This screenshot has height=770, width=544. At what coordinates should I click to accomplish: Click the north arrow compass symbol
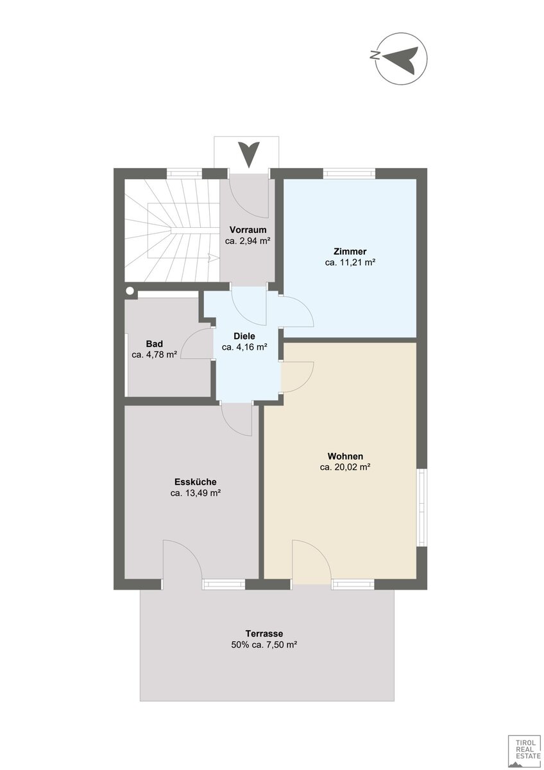(x=401, y=59)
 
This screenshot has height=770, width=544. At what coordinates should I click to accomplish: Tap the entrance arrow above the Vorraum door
(x=249, y=155)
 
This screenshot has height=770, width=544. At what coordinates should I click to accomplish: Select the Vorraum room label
(x=248, y=229)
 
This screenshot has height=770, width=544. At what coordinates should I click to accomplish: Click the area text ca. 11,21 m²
(x=350, y=262)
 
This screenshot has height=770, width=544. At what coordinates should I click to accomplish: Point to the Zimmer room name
(x=350, y=251)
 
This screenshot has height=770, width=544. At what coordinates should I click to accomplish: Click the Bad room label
(x=155, y=343)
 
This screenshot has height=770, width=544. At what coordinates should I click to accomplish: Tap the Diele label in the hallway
(x=244, y=336)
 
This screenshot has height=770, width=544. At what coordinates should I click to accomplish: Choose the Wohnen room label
(x=345, y=456)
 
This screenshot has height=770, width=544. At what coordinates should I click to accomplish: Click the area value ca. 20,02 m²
(x=345, y=467)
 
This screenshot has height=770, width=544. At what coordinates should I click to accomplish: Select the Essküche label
(x=195, y=482)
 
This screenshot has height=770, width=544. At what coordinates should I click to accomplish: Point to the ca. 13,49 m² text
(x=195, y=493)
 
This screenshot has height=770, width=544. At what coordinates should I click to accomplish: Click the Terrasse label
(x=264, y=633)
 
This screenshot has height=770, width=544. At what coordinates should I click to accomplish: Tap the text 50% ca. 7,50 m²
(x=264, y=644)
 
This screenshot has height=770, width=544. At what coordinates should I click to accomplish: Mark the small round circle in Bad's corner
(x=130, y=291)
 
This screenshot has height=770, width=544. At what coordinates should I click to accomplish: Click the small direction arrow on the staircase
(x=213, y=258)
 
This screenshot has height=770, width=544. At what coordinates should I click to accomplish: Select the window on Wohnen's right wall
(x=422, y=508)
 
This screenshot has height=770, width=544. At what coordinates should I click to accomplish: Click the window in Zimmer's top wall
(x=349, y=174)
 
